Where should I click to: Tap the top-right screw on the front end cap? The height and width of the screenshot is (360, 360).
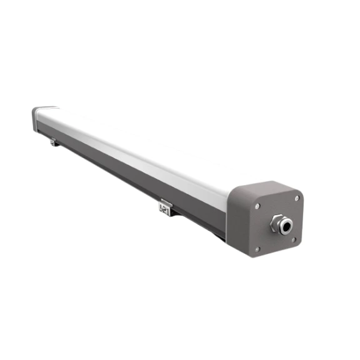click(296, 198)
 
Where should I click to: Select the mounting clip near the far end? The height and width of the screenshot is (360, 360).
click(54, 142)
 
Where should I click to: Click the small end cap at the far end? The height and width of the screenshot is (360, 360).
click(36, 117)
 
